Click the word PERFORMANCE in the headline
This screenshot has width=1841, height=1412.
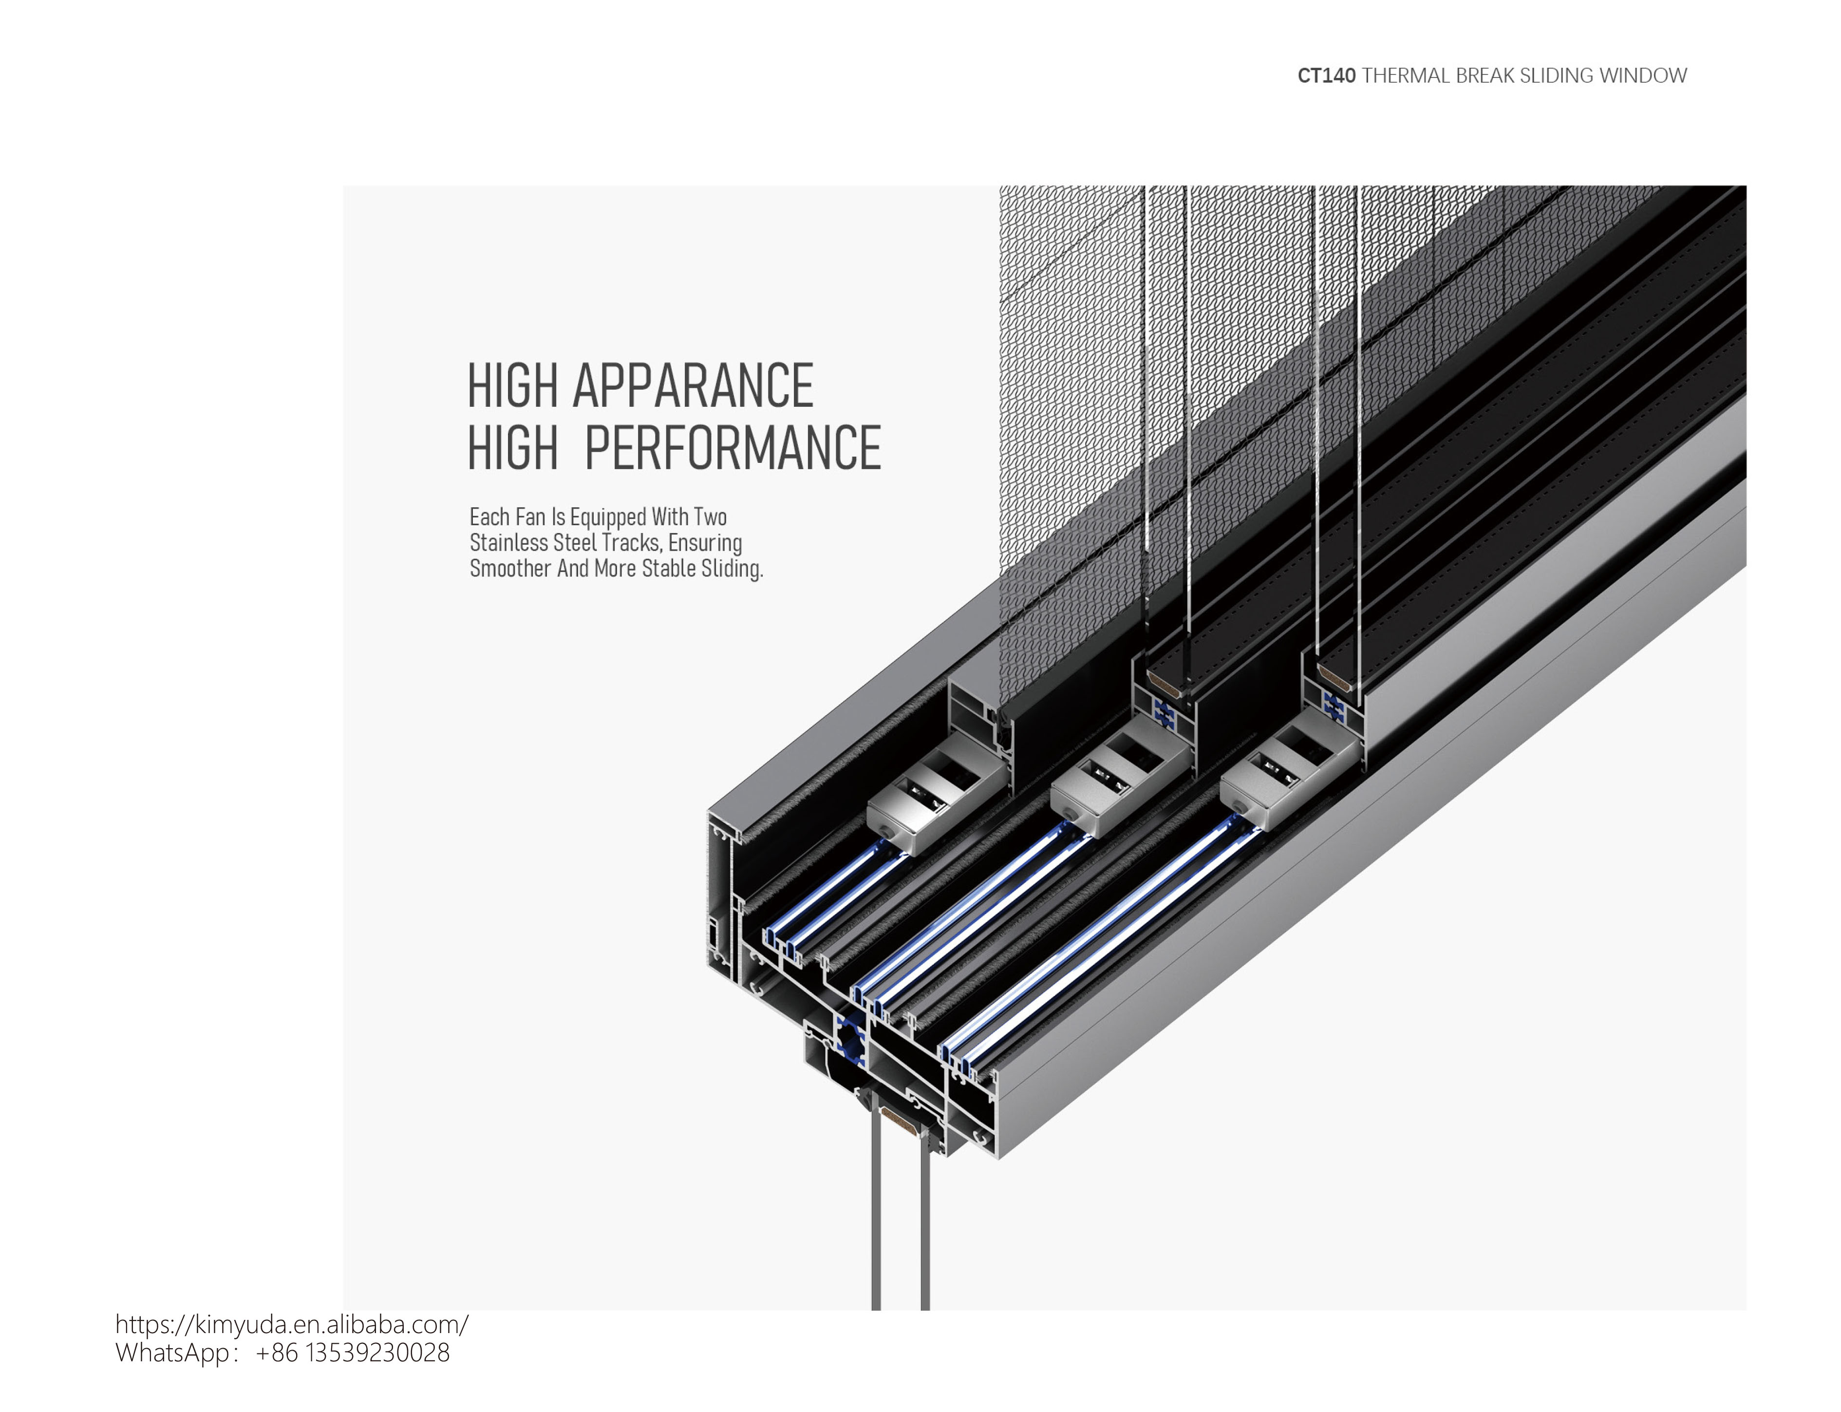[732, 447]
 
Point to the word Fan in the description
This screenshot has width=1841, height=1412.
[531, 517]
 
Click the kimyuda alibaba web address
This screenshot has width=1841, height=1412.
[292, 1325]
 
